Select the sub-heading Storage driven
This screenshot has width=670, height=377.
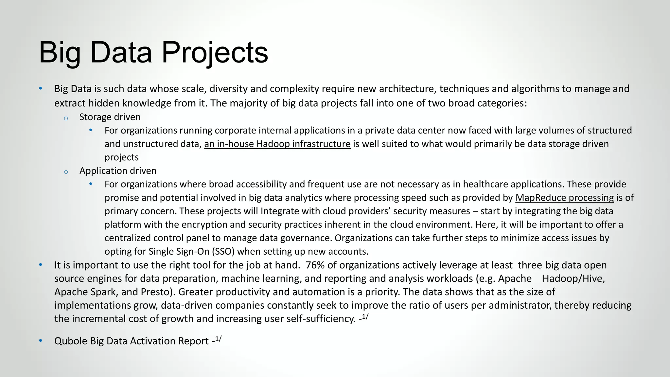(x=110, y=117)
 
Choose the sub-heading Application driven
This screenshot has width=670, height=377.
(x=118, y=171)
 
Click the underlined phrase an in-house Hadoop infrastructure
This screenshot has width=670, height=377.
(x=277, y=144)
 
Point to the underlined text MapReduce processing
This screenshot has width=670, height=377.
(x=564, y=197)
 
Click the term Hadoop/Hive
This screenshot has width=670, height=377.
(x=573, y=278)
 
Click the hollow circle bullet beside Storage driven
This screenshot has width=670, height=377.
(x=66, y=118)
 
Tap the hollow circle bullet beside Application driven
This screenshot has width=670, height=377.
(x=66, y=172)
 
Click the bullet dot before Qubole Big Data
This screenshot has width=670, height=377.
(x=41, y=340)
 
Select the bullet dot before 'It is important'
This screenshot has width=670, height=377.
(x=41, y=264)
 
